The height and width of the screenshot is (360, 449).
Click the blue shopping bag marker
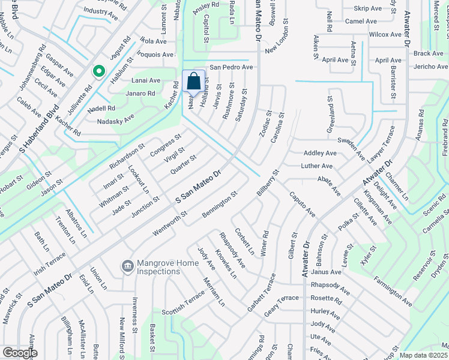(194, 82)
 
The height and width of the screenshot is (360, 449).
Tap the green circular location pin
(98, 72)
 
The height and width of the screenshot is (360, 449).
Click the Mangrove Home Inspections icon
(127, 265)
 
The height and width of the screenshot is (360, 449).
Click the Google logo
(20, 353)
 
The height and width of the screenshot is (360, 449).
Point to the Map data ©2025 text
(423, 355)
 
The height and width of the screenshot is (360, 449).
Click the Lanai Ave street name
(146, 80)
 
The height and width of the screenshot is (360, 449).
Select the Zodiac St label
(265, 122)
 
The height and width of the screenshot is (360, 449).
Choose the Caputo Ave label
(302, 204)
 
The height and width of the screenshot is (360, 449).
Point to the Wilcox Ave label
(385, 35)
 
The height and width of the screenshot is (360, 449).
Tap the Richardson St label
(127, 155)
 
